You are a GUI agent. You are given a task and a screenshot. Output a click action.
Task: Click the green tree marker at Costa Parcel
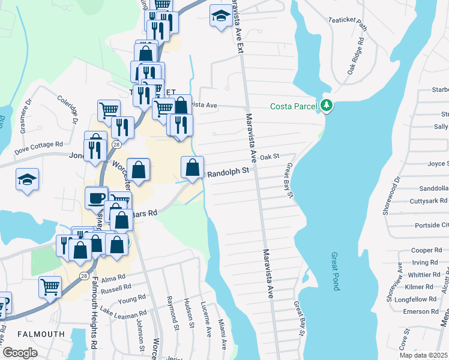(327, 106)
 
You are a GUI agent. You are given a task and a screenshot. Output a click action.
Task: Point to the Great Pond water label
(335, 271)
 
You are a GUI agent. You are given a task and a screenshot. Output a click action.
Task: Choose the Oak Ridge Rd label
(355, 57)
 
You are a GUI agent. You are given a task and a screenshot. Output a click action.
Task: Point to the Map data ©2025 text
(424, 355)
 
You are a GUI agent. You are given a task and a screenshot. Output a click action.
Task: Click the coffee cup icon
(96, 197)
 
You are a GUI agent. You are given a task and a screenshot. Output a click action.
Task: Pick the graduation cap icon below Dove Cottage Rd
(28, 180)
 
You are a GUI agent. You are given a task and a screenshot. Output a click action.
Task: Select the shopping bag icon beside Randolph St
(193, 167)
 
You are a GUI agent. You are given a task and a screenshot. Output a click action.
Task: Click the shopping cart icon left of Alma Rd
(49, 286)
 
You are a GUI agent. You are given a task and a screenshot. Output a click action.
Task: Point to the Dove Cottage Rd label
(39, 145)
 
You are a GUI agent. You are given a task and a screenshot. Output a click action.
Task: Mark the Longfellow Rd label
(420, 299)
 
